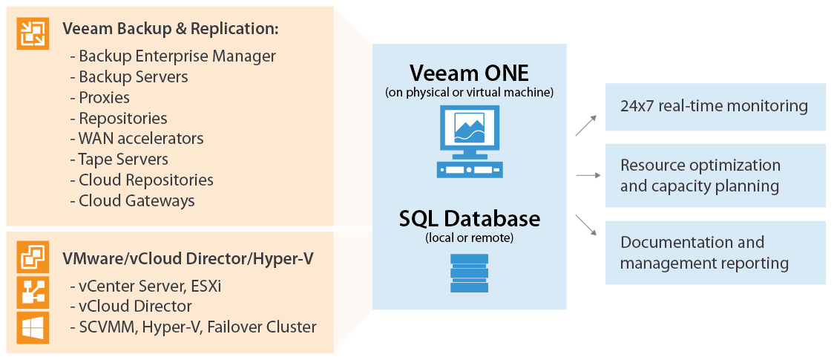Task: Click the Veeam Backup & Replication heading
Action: (x=170, y=29)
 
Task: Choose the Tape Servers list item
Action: (x=119, y=159)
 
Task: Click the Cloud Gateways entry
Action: (x=133, y=200)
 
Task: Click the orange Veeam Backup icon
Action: (x=33, y=33)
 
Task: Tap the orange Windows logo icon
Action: (x=33, y=327)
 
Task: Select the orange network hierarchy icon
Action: (x=33, y=292)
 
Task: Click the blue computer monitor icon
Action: (x=469, y=140)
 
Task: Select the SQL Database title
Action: (x=469, y=219)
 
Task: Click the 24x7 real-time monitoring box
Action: (x=715, y=106)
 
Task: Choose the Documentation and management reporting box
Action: (x=715, y=252)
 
